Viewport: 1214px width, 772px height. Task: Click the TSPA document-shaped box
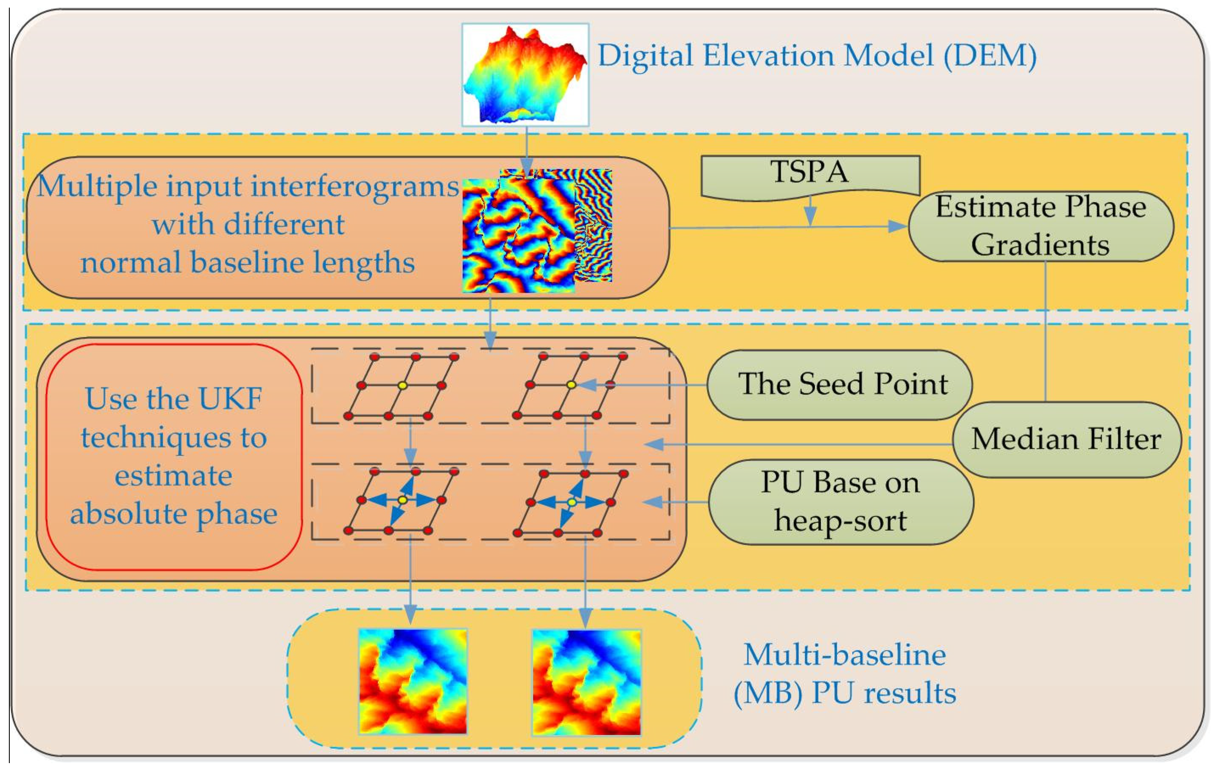coord(809,174)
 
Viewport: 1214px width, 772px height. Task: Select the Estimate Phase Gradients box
coord(1041,226)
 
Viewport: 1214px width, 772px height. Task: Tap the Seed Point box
coord(843,384)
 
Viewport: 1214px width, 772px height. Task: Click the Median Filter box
coord(1066,439)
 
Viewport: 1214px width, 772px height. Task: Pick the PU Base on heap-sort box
coord(840,502)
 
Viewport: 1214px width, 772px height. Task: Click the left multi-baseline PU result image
coord(413,681)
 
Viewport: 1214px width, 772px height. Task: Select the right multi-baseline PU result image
coord(586,681)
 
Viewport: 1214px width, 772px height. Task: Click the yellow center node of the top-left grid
coord(402,385)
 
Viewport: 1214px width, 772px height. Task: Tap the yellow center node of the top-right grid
coord(571,385)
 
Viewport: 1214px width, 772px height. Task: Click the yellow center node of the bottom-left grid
coord(402,500)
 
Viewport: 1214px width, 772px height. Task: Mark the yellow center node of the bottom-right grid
coord(572,502)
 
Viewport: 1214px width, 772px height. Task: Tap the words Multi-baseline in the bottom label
coord(844,655)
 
